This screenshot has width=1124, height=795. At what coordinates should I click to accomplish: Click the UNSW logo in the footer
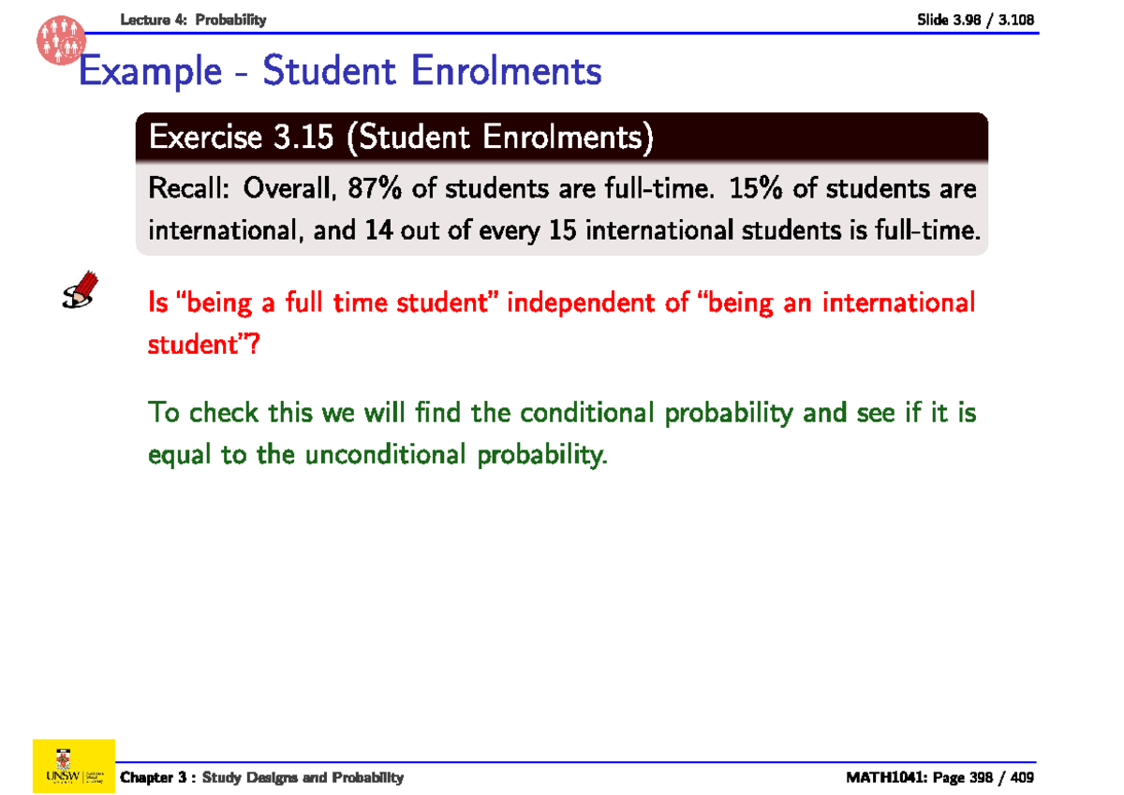tap(73, 765)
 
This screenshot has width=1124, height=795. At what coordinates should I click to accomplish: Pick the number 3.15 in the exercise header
tap(303, 139)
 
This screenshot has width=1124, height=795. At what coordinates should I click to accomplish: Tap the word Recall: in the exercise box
tap(190, 189)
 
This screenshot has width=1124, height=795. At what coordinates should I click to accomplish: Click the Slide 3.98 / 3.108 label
tap(975, 20)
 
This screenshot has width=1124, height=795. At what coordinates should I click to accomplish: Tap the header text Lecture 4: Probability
tap(194, 20)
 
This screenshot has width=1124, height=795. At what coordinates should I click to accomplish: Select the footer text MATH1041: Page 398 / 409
tap(940, 777)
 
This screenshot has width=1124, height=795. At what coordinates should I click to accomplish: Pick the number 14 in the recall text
tap(377, 229)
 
